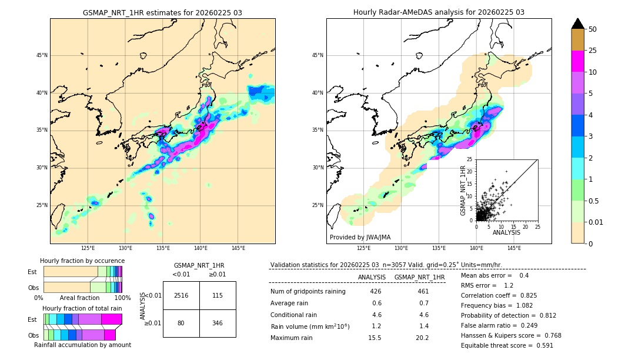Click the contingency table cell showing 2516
click(x=181, y=295)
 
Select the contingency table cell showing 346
click(x=218, y=323)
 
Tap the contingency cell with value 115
click(x=218, y=295)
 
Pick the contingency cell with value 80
click(x=181, y=323)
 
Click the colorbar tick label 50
click(x=593, y=29)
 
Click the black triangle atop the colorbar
click(x=577, y=24)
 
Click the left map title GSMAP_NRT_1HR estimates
click(x=162, y=12)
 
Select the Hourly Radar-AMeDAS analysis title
click(x=439, y=12)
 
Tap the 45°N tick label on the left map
click(x=41, y=55)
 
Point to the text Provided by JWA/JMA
click(x=360, y=238)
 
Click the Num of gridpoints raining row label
click(x=308, y=292)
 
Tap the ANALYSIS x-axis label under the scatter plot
click(x=506, y=232)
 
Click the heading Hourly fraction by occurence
click(x=82, y=261)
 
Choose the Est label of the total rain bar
click(x=32, y=319)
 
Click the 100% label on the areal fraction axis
click(x=122, y=298)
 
